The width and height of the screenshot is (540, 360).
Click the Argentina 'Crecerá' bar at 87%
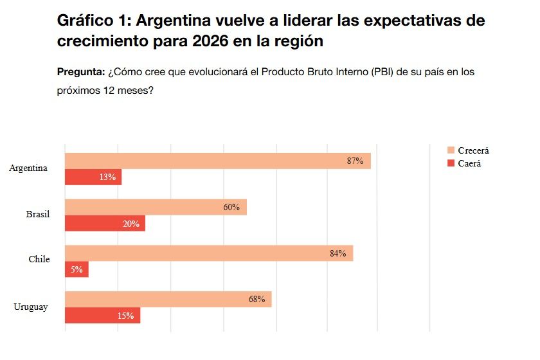(x=218, y=161)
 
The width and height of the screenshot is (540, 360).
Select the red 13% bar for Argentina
(x=93, y=177)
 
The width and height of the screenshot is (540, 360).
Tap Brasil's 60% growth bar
(x=156, y=208)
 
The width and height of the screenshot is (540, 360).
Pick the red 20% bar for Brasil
(x=105, y=224)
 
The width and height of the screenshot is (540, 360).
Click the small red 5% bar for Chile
(x=76, y=270)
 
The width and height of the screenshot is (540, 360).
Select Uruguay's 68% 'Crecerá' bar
(x=168, y=300)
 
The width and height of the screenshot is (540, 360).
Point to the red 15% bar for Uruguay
(x=102, y=316)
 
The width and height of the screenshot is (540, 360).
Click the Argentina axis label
(x=28, y=168)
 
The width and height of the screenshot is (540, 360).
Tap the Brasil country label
(x=37, y=214)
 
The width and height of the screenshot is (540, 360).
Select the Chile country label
(x=39, y=260)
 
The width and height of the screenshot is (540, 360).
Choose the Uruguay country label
(x=30, y=307)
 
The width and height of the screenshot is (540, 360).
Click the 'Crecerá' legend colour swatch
(x=451, y=150)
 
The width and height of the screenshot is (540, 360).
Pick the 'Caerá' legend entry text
(x=469, y=164)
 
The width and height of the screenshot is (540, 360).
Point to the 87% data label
(x=355, y=161)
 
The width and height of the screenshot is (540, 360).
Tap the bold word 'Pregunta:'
(x=81, y=72)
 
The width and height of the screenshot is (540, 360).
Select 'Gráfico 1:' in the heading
(x=94, y=20)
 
